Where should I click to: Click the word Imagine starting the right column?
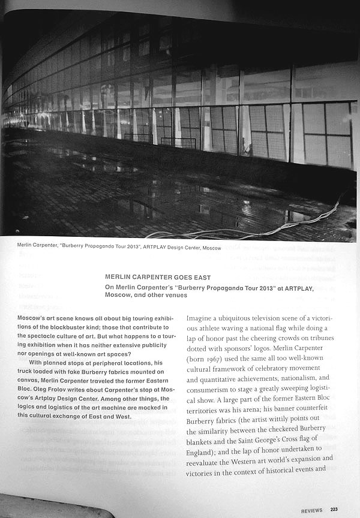point(202,318)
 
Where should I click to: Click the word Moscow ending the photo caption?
point(209,248)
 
